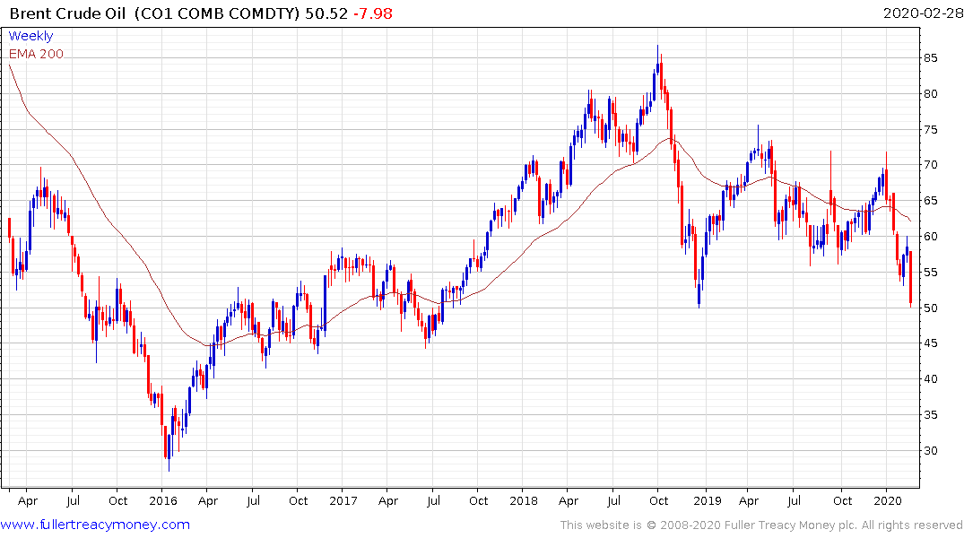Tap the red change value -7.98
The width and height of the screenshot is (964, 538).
(x=374, y=13)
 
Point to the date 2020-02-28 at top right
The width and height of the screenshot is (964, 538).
(x=920, y=13)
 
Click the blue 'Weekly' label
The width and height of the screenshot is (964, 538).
(x=30, y=36)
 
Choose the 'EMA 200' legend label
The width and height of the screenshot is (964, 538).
(x=36, y=54)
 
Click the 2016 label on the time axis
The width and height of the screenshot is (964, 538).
(x=162, y=501)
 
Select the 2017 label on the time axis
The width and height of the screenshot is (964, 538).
(x=343, y=501)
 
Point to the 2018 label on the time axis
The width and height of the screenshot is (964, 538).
(x=525, y=501)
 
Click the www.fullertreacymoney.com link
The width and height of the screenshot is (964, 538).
(x=96, y=525)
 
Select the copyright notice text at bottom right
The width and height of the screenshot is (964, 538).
(x=761, y=525)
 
